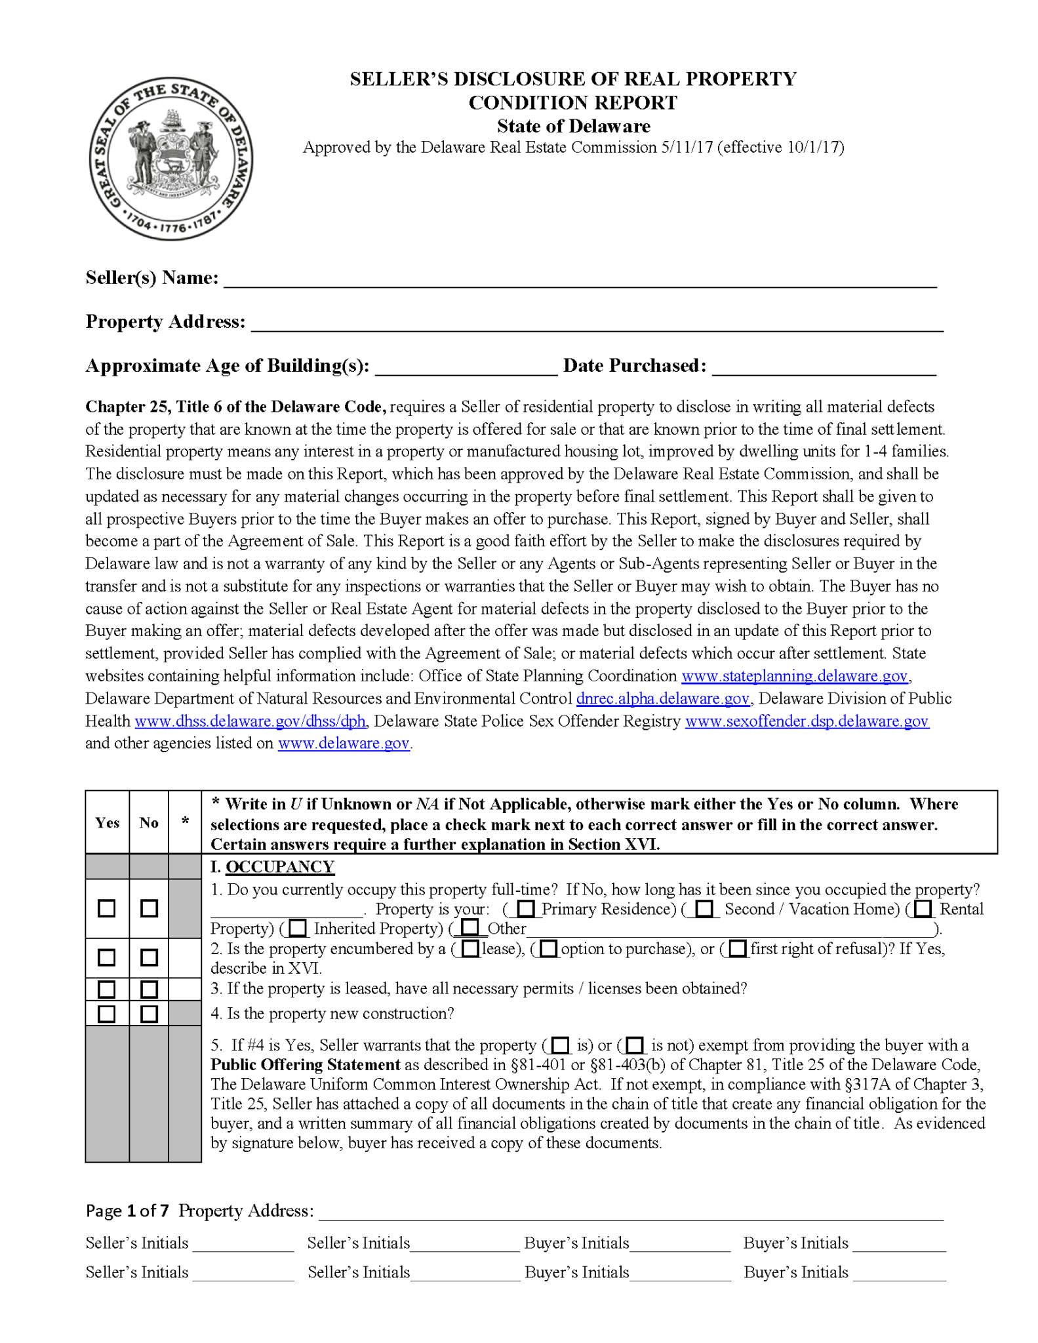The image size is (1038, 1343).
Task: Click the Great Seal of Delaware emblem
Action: point(171,159)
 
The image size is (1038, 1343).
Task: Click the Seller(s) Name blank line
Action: point(580,281)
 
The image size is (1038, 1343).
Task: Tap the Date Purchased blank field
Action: point(824,368)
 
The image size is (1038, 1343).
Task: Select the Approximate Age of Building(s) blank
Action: point(466,368)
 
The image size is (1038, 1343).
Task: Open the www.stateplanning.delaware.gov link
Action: point(795,676)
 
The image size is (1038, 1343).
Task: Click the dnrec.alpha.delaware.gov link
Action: point(662,698)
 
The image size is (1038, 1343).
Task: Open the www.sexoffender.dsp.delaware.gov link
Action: point(807,721)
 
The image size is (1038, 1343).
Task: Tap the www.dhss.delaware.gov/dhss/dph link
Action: point(250,721)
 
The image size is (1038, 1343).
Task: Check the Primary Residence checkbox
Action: point(525,909)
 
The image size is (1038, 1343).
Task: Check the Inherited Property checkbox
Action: point(298,929)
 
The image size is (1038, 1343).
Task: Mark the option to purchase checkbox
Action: point(549,949)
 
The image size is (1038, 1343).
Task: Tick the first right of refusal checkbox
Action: point(738,949)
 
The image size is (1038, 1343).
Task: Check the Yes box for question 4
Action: point(106,1014)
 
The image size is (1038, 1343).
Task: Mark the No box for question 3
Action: point(150,989)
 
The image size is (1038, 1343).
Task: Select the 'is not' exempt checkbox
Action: point(635,1045)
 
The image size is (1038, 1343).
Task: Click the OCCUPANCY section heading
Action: point(280,867)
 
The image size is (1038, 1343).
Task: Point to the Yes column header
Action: point(108,823)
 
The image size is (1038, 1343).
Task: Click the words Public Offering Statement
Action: point(305,1065)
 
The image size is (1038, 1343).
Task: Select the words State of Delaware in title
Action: point(573,126)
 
